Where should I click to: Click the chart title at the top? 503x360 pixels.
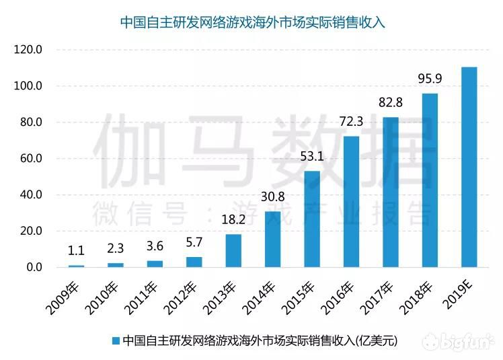tap(251, 22)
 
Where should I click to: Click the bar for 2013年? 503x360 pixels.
tap(233, 250)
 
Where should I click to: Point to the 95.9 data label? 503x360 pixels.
tap(430, 79)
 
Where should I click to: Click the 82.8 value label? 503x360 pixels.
tap(390, 103)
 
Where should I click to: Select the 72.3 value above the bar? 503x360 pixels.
tap(351, 122)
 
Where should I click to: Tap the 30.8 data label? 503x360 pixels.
tap(272, 198)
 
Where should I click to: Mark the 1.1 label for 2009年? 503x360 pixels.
tap(77, 251)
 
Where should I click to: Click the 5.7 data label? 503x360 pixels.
tap(194, 243)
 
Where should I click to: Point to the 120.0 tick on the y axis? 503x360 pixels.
tap(29, 50)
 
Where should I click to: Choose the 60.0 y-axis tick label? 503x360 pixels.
tap(31, 159)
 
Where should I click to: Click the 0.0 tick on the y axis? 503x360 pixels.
tap(34, 267)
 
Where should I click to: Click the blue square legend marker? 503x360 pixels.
tap(115, 340)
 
